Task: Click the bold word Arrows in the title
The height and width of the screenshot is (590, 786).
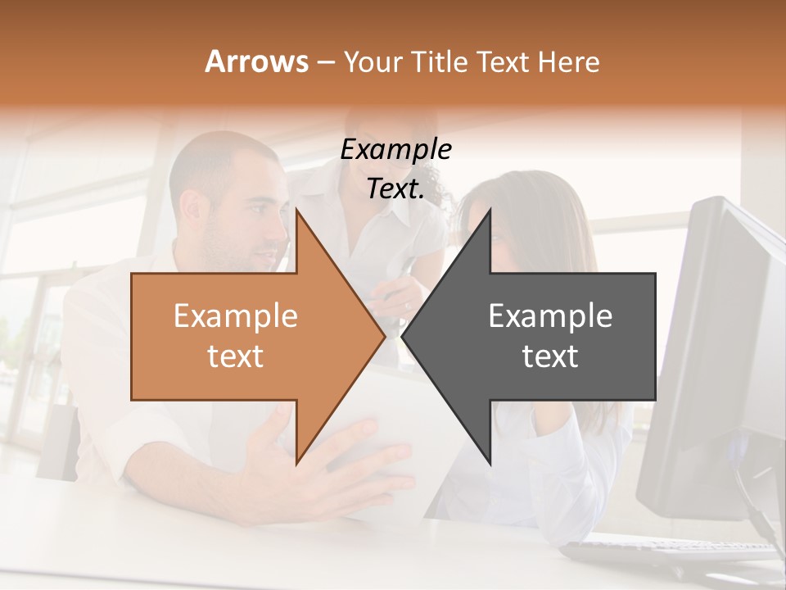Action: pyautogui.click(x=256, y=62)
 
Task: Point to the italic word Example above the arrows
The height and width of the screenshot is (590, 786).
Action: pyautogui.click(x=395, y=150)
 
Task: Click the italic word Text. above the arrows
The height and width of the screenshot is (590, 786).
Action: pyautogui.click(x=395, y=189)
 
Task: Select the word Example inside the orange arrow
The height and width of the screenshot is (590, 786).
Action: pyautogui.click(x=236, y=316)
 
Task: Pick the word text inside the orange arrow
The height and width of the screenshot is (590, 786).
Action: pyautogui.click(x=236, y=356)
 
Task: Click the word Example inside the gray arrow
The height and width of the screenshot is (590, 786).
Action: pyautogui.click(x=550, y=316)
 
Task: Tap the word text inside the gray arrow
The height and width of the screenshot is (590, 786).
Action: pyautogui.click(x=550, y=356)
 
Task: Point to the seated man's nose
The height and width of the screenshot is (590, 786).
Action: pyautogui.click(x=280, y=238)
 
